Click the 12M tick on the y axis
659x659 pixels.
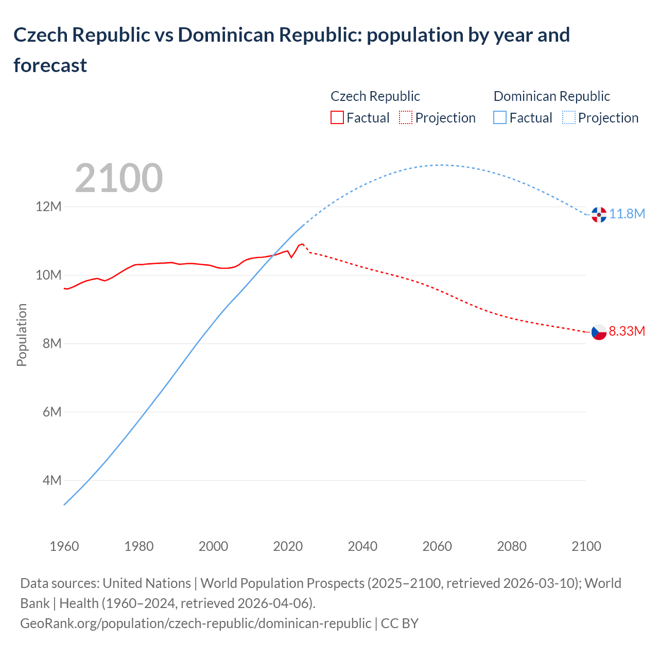pos(48,207)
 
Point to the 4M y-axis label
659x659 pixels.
pos(52,480)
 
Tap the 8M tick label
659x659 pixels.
pos(52,343)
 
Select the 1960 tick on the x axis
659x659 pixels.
pos(64,546)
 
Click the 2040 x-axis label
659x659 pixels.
pos(362,546)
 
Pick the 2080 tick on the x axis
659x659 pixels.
pos(512,546)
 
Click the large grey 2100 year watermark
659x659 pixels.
pos(119,178)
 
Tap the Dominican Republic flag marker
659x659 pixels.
pos(599,214)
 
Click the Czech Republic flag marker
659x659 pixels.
pos(599,332)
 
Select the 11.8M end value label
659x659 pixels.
pos(627,214)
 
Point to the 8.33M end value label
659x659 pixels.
pos(627,331)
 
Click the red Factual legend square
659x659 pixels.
pos(337,117)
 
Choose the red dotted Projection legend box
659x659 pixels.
pos(406,117)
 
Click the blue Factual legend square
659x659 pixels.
pos(499,117)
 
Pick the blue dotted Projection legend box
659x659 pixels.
pos(568,117)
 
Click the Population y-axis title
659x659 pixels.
pos(22,335)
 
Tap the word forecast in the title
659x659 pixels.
pos(50,65)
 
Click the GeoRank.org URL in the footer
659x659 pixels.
pos(196,623)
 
